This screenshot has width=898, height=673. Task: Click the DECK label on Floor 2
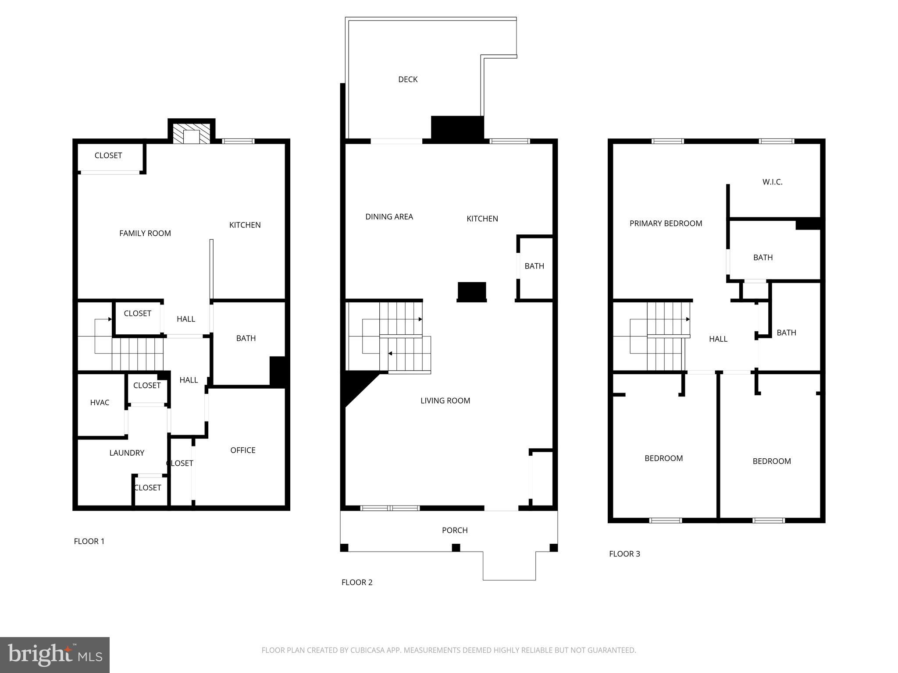(407, 79)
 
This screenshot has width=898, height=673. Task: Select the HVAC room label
(100, 403)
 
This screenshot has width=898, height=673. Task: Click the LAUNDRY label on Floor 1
(127, 453)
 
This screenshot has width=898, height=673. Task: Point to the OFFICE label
(242, 450)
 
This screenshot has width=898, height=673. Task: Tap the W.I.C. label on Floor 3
(772, 182)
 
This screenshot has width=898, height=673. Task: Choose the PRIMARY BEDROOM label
(666, 223)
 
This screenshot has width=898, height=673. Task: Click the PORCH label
(455, 531)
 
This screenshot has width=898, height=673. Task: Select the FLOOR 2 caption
(357, 582)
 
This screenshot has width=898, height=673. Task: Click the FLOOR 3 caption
(624, 554)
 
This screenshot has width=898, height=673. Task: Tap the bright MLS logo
(55, 655)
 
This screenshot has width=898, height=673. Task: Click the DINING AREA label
(389, 217)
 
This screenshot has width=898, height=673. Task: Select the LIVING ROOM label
(445, 401)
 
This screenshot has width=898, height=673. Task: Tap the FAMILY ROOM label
(145, 234)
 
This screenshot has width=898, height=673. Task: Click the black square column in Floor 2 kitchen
(472, 291)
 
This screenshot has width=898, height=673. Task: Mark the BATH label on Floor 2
(534, 266)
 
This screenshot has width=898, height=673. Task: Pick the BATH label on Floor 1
(246, 338)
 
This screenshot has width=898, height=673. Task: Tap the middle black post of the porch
(456, 548)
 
